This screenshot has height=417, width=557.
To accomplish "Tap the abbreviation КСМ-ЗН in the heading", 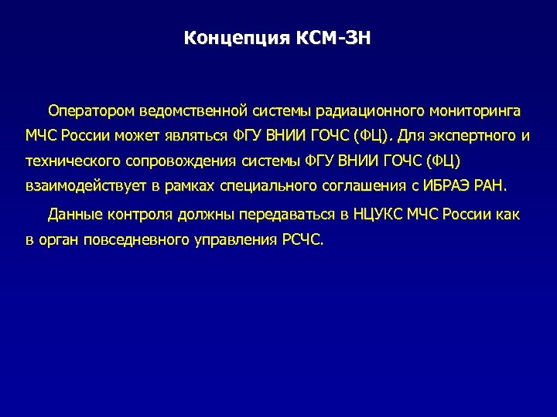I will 333,38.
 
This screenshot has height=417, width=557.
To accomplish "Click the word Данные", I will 72,214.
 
